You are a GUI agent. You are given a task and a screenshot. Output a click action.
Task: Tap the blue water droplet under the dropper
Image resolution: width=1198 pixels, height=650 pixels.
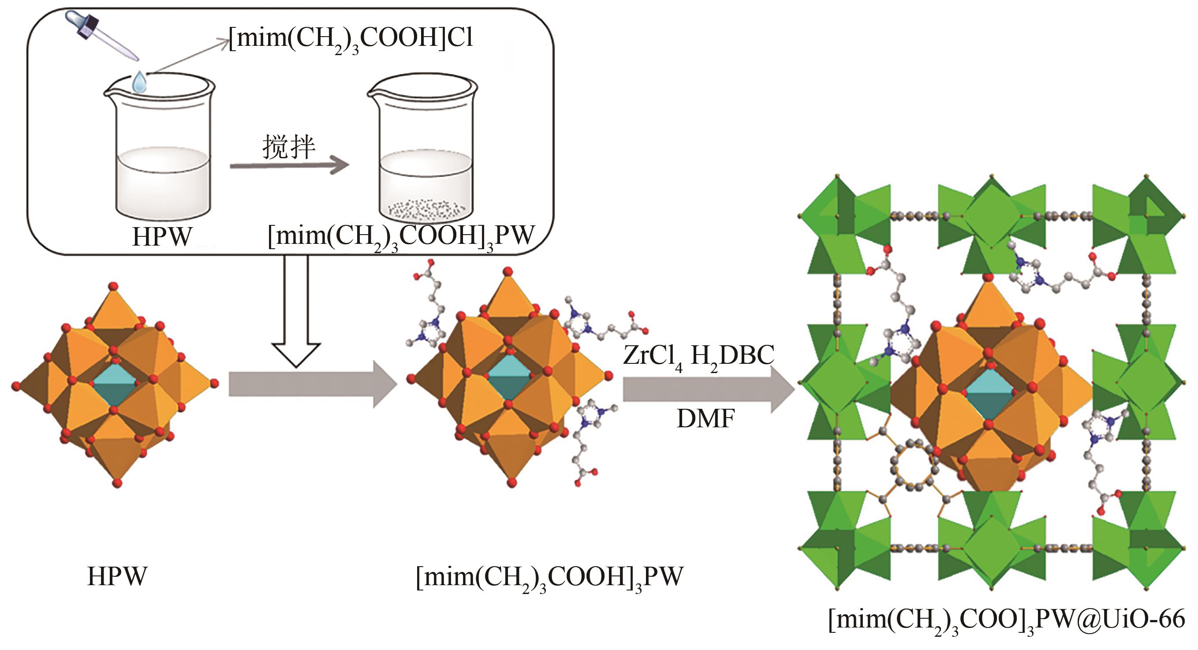pyautogui.click(x=139, y=83)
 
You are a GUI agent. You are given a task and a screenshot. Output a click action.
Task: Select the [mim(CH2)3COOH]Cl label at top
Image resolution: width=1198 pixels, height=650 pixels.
pyautogui.click(x=351, y=38)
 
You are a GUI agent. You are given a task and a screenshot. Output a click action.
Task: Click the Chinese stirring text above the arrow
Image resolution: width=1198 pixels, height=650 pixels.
pyautogui.click(x=289, y=147)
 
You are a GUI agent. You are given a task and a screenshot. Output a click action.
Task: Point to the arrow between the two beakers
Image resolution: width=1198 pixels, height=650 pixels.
pyautogui.click(x=289, y=165)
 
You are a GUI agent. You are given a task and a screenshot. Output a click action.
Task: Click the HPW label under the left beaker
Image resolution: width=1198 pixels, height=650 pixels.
pyautogui.click(x=162, y=237)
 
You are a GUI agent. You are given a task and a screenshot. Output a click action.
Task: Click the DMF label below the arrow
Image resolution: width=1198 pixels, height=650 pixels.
pyautogui.click(x=705, y=419)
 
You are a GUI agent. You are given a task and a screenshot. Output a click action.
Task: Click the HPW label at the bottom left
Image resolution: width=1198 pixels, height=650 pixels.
pyautogui.click(x=117, y=577)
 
